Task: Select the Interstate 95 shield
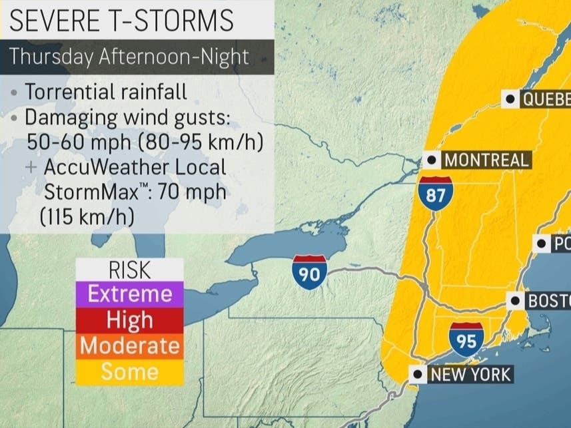tap(466, 338)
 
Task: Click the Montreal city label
tap(486, 160)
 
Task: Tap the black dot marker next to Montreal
tap(432, 160)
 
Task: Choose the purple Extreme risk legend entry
tap(130, 294)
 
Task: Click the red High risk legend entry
tap(130, 320)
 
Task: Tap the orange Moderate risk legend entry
tap(130, 346)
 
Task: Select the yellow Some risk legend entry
tap(130, 372)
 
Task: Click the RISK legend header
tap(130, 270)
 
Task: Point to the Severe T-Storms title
tap(123, 21)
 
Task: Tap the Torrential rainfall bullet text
tap(105, 92)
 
